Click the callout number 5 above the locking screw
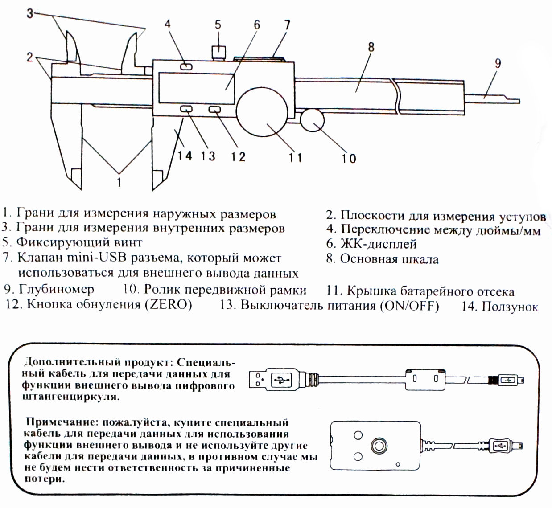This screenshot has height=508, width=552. tap(218, 24)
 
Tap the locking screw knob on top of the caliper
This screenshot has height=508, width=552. tap(218, 51)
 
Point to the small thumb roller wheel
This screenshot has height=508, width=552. tap(312, 120)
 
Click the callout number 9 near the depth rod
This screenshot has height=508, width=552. tap(498, 63)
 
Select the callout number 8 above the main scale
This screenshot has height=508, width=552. tap(371, 46)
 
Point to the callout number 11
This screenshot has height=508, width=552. tap(295, 157)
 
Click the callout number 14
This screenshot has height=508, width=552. tap(185, 156)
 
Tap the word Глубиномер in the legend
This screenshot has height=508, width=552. tap(56, 289)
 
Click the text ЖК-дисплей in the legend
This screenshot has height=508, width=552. tap(379, 244)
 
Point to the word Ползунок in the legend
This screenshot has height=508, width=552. tap(510, 307)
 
